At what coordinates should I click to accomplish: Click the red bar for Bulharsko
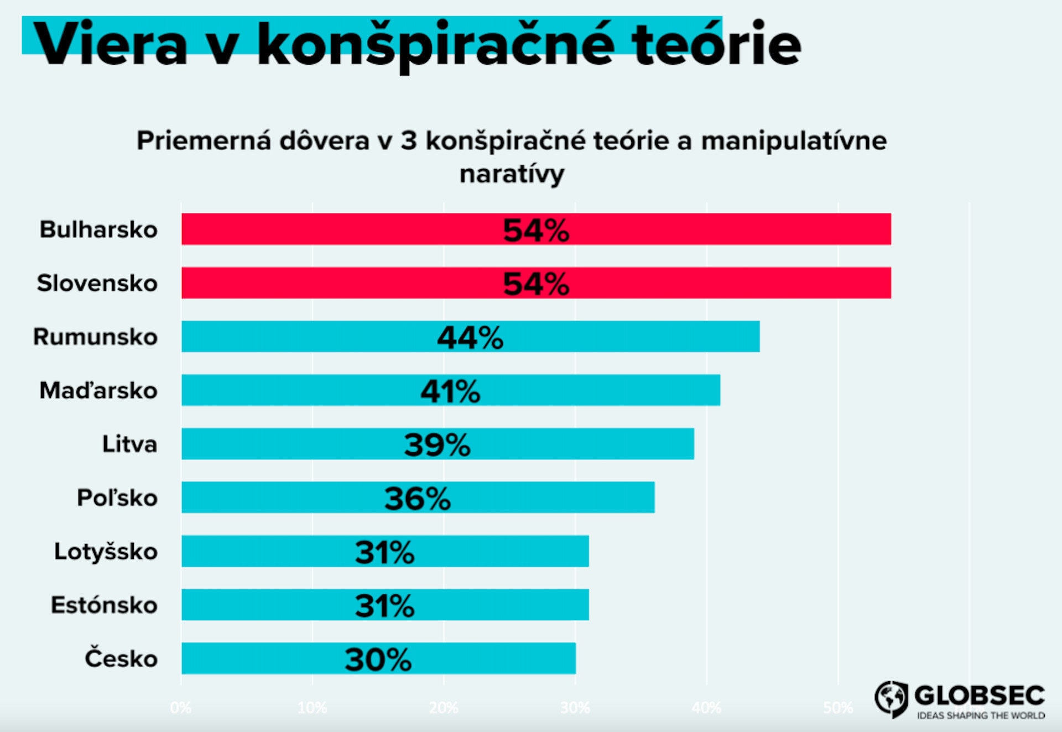[x=719, y=229]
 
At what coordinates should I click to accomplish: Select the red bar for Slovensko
[x=719, y=283]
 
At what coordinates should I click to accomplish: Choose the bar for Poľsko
[x=553, y=497]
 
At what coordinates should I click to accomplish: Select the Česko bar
[x=498, y=658]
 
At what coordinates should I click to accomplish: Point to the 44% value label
[x=470, y=337]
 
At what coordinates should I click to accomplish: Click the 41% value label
[x=450, y=391]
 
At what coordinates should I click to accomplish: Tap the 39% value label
[x=437, y=445]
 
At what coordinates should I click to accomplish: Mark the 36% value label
[x=418, y=498]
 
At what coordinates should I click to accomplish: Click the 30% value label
[x=378, y=659]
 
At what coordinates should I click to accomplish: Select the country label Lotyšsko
[x=106, y=551]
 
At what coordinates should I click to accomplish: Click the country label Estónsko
[x=104, y=605]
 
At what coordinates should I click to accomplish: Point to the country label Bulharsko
[x=98, y=229]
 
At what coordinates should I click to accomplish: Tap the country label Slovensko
[x=97, y=283]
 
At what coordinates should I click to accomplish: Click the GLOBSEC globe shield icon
[x=891, y=698]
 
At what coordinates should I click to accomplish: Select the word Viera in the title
[x=111, y=44]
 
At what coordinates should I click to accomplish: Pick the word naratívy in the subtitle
[x=512, y=174]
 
